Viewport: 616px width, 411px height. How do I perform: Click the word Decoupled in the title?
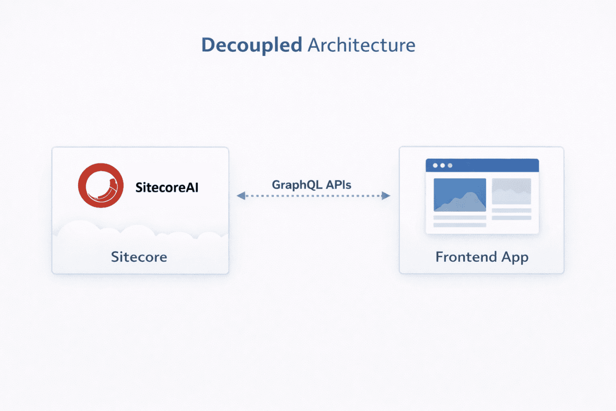coord(251,45)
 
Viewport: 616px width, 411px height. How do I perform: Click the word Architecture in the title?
coord(361,45)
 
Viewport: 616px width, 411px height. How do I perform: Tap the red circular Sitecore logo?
coord(101,185)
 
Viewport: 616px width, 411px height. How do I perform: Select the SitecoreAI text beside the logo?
coord(167,187)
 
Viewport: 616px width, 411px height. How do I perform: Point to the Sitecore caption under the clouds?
coord(139,257)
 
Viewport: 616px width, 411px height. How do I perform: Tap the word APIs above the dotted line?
coord(339,185)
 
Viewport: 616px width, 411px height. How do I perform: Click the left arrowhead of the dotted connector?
coord(241,196)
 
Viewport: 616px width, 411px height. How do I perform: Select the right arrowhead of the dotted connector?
coord(386,196)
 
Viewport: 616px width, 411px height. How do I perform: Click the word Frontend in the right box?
coord(466,257)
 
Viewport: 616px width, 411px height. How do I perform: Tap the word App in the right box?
coord(515,258)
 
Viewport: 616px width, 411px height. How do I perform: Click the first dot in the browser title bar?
coord(435,166)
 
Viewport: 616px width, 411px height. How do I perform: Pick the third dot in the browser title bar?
coord(450,166)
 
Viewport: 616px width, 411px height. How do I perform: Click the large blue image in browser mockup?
coord(460,195)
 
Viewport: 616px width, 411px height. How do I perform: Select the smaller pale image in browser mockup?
coord(511,191)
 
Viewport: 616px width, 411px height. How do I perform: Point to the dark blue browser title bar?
coord(491,165)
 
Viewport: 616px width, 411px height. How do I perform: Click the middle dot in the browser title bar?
coord(443,166)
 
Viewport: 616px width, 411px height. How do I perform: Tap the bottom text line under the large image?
coord(460,225)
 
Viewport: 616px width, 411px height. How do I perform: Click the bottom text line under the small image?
coord(511,218)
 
